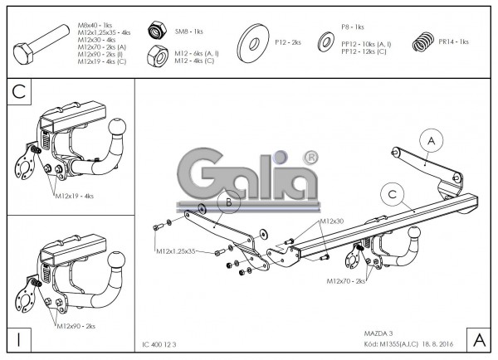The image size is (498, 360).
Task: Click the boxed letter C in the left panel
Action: pos(18,94)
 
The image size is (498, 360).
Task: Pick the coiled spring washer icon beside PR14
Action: pos(424,41)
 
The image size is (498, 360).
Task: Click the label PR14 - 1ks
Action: pos(454,41)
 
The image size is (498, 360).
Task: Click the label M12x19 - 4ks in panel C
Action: pos(75,197)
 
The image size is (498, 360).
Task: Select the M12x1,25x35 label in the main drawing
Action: pos(175,250)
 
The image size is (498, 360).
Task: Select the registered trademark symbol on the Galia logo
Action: pos(311,156)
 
